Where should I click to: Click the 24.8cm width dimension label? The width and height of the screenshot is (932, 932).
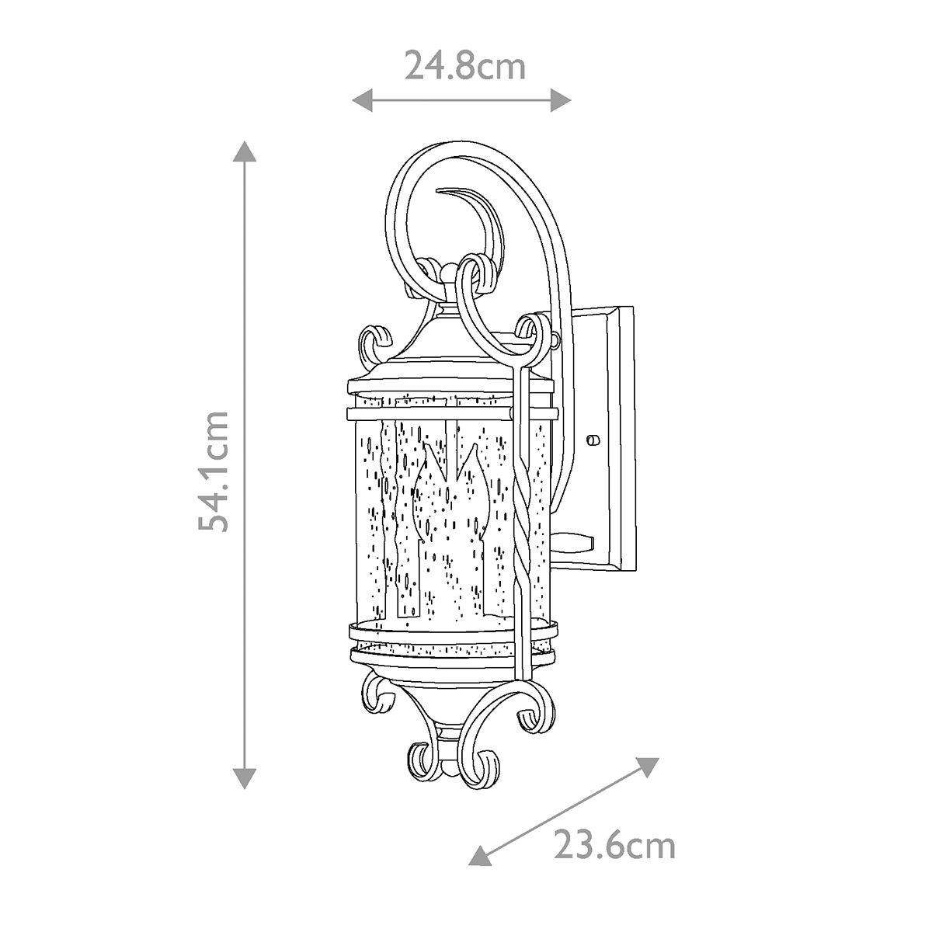464,66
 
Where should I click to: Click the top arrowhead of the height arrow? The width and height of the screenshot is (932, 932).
245,151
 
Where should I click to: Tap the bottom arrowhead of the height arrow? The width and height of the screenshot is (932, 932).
245,778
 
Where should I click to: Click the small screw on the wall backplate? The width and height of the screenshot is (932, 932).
595,440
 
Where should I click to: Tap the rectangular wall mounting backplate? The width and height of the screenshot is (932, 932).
614,435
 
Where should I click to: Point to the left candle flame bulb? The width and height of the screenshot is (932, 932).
426,497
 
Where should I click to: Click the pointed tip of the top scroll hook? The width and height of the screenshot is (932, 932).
441,190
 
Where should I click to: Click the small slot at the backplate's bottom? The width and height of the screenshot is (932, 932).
579,539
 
